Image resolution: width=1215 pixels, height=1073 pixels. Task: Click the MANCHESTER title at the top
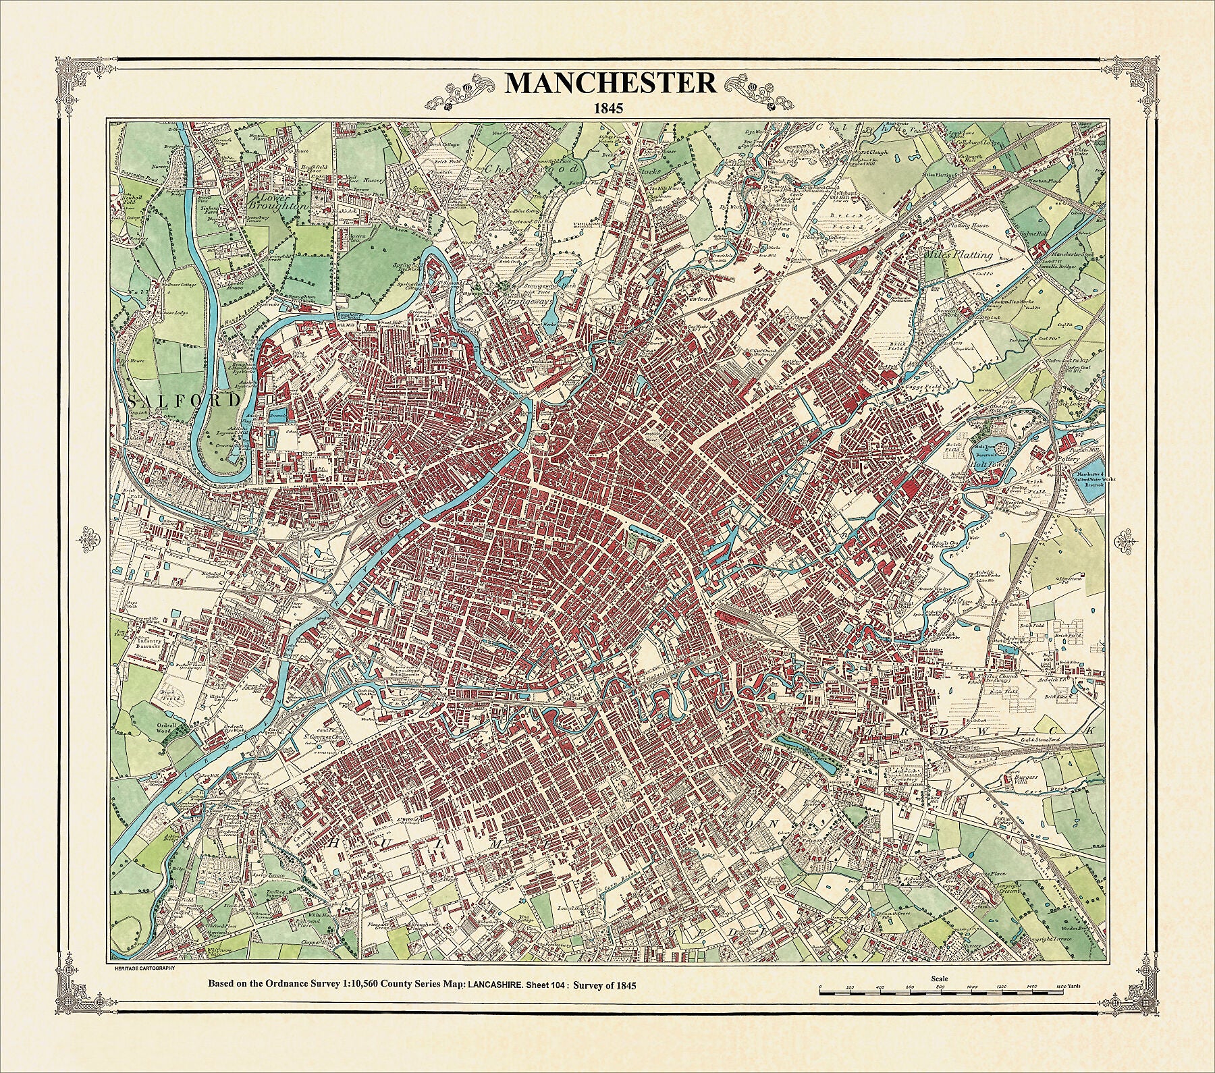click(x=610, y=82)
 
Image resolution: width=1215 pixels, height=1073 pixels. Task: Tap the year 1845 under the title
click(x=610, y=107)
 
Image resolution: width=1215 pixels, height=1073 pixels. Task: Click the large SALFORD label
click(x=184, y=400)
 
